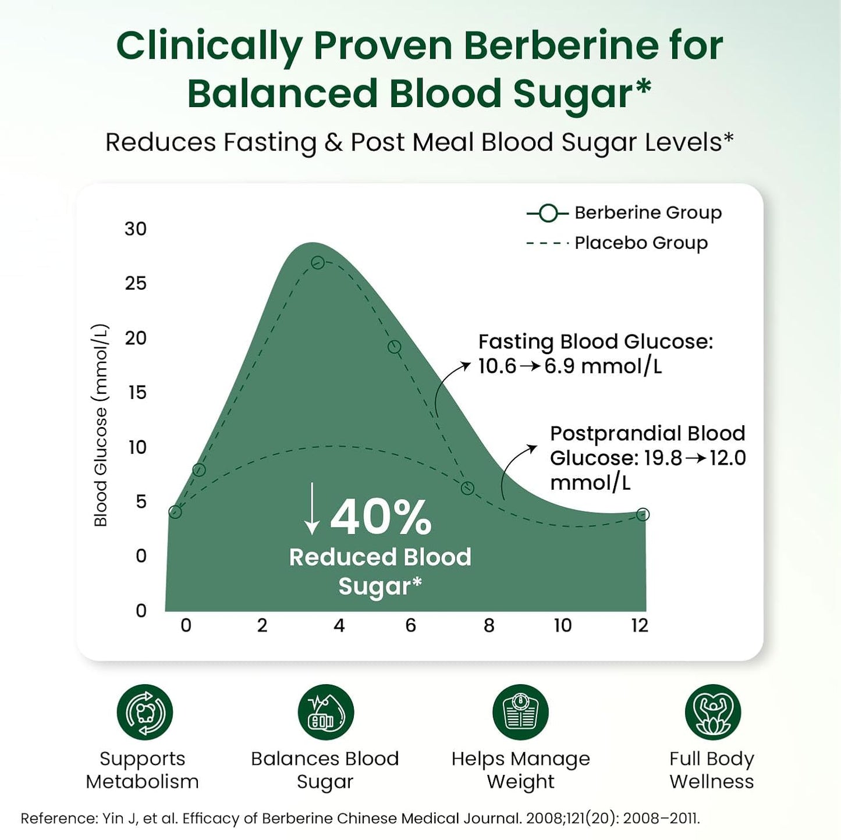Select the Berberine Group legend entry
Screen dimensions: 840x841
pyautogui.click(x=624, y=213)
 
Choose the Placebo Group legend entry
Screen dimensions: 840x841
pyautogui.click(x=617, y=243)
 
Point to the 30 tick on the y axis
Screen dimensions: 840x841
pyautogui.click(x=136, y=229)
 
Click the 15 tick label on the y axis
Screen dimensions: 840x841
pyautogui.click(x=137, y=393)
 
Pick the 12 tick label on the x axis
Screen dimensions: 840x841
pyautogui.click(x=640, y=625)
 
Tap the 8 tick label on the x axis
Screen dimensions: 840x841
pyautogui.click(x=489, y=625)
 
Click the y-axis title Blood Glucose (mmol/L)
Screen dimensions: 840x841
pyautogui.click(x=101, y=425)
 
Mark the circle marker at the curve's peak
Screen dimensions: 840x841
pyautogui.click(x=318, y=262)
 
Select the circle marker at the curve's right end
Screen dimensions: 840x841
pyautogui.click(x=643, y=514)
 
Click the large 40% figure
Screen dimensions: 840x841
pyautogui.click(x=381, y=517)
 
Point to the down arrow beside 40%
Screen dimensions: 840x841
pyautogui.click(x=312, y=508)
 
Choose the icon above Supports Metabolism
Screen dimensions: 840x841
pyautogui.click(x=144, y=712)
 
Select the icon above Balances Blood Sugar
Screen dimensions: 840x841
pyautogui.click(x=325, y=712)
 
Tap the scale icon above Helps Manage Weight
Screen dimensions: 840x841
pyautogui.click(x=520, y=712)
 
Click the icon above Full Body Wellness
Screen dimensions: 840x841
pyautogui.click(x=712, y=712)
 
